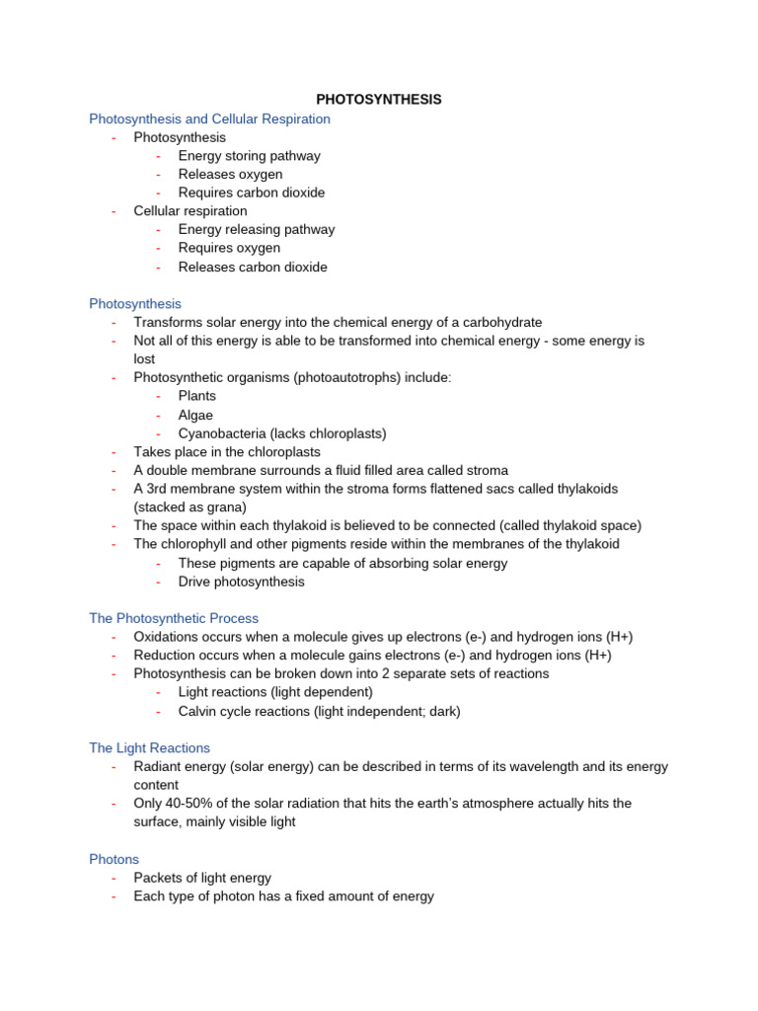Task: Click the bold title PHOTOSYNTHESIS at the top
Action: click(378, 100)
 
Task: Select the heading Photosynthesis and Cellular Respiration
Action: click(209, 118)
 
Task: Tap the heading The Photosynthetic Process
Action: click(174, 618)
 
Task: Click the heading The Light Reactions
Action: click(149, 748)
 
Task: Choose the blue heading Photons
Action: click(114, 859)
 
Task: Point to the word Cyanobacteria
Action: click(221, 433)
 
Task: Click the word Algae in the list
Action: click(195, 415)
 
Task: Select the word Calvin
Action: click(198, 711)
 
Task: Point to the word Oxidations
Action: click(169, 637)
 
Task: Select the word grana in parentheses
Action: click(219, 507)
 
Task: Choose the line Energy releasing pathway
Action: click(256, 229)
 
